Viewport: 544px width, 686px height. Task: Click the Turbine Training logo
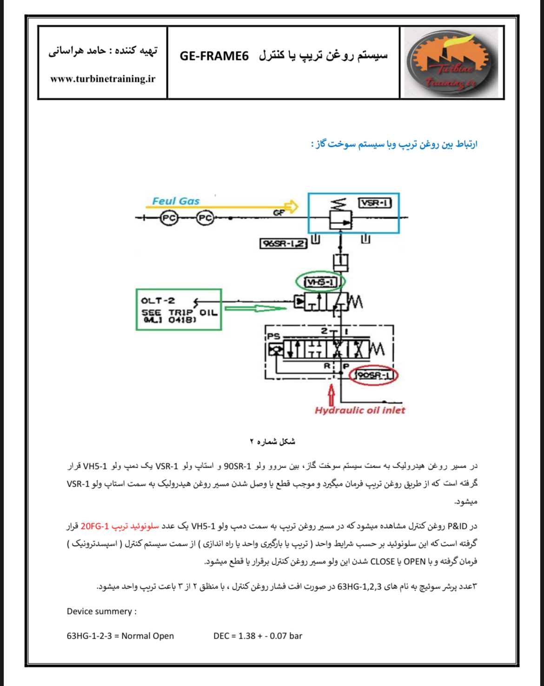pyautogui.click(x=450, y=62)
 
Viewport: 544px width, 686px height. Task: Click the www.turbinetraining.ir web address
pyautogui.click(x=103, y=79)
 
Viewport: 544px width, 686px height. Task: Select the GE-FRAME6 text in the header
pyautogui.click(x=214, y=56)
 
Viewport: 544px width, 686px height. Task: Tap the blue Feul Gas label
pyautogui.click(x=176, y=201)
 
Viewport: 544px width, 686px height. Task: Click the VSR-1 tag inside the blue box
pyautogui.click(x=375, y=203)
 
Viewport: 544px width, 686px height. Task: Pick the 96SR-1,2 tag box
pyautogui.click(x=283, y=244)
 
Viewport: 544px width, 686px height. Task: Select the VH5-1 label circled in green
pyautogui.click(x=320, y=282)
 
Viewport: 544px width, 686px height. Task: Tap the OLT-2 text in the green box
pyautogui.click(x=158, y=301)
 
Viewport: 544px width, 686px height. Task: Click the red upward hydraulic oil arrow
pyautogui.click(x=331, y=396)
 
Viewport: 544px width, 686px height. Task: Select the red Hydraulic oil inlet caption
pyautogui.click(x=360, y=410)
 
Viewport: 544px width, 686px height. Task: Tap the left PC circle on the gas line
pyautogui.click(x=169, y=218)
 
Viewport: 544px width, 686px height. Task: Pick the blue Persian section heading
pyautogui.click(x=395, y=145)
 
